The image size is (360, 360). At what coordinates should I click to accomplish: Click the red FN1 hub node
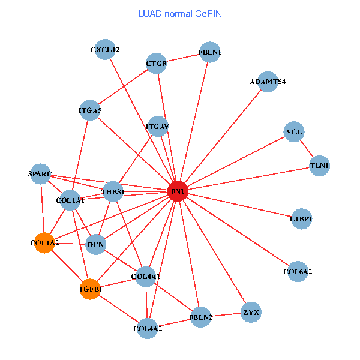pos(178,191)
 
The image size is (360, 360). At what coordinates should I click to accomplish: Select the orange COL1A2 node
pos(44,243)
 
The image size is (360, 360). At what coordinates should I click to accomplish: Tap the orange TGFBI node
pos(90,289)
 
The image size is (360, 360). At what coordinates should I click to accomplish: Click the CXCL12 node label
pos(105,50)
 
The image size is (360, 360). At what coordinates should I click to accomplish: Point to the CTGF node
pos(156,64)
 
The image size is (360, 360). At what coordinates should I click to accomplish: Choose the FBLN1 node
pos(209,52)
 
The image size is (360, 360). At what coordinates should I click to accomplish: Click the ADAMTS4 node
pos(268,82)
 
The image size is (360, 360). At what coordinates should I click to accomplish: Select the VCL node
pos(294,131)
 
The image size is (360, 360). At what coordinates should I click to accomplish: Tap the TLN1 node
pos(319,165)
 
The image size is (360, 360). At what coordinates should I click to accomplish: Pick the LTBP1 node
pos(301,218)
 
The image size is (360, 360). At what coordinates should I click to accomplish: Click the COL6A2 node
pos(298,272)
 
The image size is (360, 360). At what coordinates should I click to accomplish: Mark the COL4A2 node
pos(148,328)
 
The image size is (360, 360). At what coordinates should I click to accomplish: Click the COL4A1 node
pos(146,277)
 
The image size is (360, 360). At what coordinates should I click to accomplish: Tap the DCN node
pos(96,244)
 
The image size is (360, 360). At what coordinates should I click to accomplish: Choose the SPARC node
pos(40,174)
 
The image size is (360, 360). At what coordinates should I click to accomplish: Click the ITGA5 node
pos(90,110)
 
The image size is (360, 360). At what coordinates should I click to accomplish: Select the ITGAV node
pos(157,127)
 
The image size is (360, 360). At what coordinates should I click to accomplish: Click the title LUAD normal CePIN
pos(180,13)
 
